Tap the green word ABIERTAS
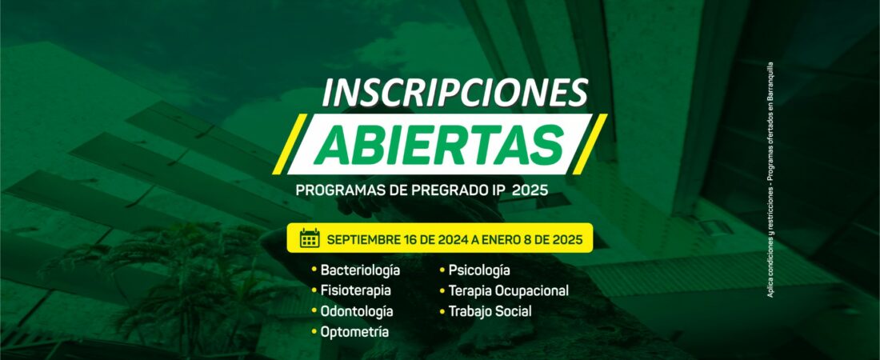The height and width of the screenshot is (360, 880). pyautogui.click(x=439, y=144)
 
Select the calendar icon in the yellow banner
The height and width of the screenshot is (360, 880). pyautogui.click(x=310, y=238)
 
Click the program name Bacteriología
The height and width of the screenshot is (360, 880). pyautogui.click(x=360, y=270)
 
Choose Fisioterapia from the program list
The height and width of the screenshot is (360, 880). pyautogui.click(x=356, y=291)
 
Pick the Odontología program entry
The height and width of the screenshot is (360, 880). pyautogui.click(x=357, y=311)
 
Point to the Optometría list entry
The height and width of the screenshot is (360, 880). pyautogui.click(x=354, y=331)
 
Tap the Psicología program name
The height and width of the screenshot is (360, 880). pyautogui.click(x=479, y=270)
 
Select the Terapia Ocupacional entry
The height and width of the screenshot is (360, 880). pyautogui.click(x=509, y=291)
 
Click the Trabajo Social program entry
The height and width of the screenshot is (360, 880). pyautogui.click(x=490, y=311)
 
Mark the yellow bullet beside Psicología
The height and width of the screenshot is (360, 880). pyautogui.click(x=442, y=270)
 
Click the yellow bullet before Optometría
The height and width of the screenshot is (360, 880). pyautogui.click(x=314, y=332)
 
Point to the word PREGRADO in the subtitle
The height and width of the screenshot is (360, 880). pyautogui.click(x=445, y=190)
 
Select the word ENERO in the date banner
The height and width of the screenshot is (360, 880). pyautogui.click(x=498, y=238)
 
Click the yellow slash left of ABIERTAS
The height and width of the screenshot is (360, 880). pyautogui.click(x=290, y=144)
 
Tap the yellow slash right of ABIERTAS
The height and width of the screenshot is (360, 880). pyautogui.click(x=590, y=144)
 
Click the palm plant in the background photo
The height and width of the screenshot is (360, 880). pyautogui.click(x=168, y=275)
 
